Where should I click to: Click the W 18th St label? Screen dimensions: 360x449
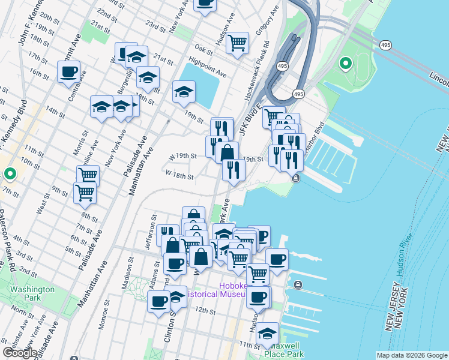[x=179, y=177]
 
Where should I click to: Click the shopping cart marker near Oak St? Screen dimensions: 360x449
[x=238, y=43]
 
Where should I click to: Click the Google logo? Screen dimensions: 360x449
[x=20, y=353]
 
